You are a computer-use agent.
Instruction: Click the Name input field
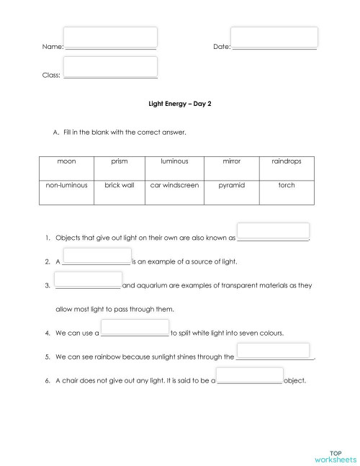click(110, 37)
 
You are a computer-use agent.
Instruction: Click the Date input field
click(274, 37)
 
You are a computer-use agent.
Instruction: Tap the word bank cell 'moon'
click(66, 161)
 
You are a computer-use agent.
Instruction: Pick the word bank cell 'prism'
click(120, 161)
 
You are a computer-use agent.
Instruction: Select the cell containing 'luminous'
click(174, 161)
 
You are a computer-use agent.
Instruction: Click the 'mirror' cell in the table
click(232, 161)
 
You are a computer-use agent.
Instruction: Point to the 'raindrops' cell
click(287, 161)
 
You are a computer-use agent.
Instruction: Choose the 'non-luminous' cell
click(66, 185)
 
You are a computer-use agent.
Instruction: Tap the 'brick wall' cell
click(120, 185)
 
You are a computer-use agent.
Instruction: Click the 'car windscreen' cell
click(174, 185)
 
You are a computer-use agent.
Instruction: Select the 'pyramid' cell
click(232, 185)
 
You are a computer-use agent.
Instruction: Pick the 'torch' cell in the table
click(287, 185)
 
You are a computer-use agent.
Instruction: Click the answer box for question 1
click(273, 231)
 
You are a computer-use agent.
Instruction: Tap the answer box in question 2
click(96, 256)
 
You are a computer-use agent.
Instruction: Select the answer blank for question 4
click(135, 328)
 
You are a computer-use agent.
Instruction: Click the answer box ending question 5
click(273, 351)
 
